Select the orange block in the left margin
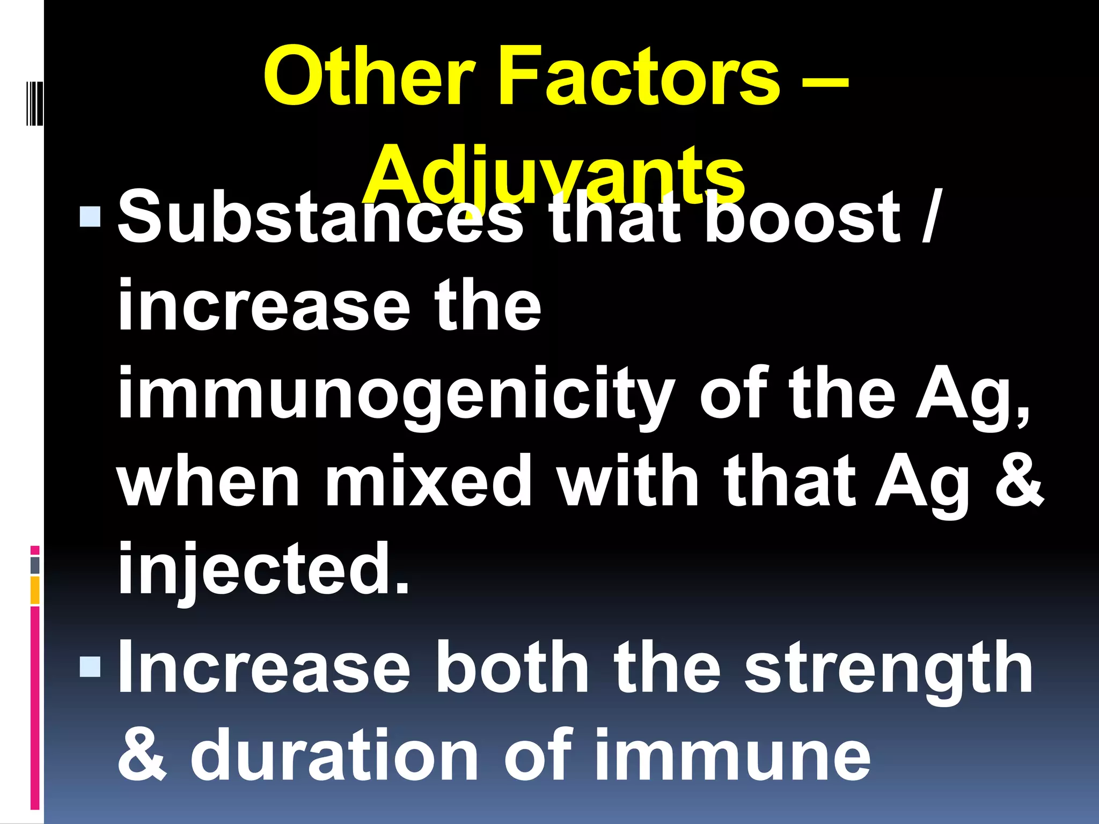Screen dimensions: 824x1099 click(x=35, y=590)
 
